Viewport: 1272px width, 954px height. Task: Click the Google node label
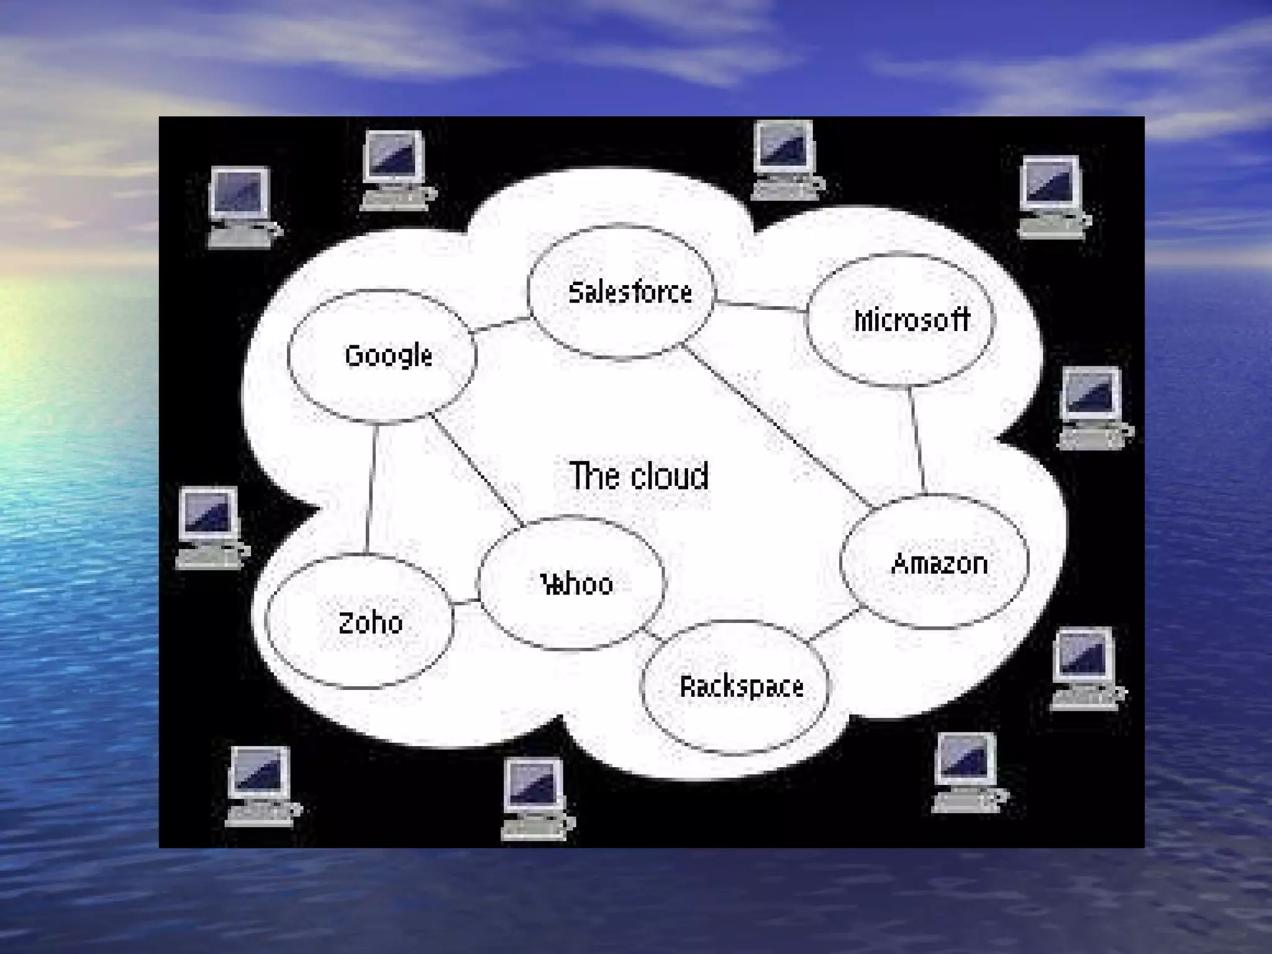pos(388,356)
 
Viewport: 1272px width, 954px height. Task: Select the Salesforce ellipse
pos(621,292)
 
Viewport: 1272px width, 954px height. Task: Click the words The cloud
pos(638,476)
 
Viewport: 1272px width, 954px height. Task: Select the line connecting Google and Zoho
pos(371,488)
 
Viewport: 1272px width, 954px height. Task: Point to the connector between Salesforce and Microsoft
pos(761,305)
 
